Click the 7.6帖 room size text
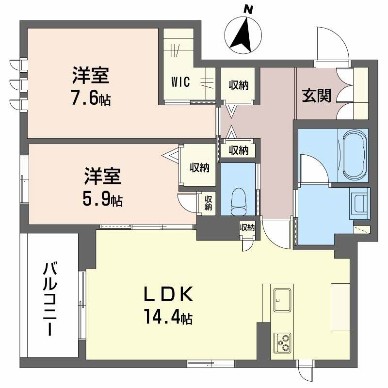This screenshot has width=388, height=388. pos(90,99)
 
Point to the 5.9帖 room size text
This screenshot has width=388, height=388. pos(102,199)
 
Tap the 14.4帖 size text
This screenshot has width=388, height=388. pos(168,318)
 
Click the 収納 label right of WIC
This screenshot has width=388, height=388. pos(239,85)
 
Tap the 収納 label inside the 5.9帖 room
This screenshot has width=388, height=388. pos(199,168)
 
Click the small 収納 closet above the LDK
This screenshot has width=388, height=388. pos(247,227)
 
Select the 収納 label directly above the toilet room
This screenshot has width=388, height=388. pos(239,150)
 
